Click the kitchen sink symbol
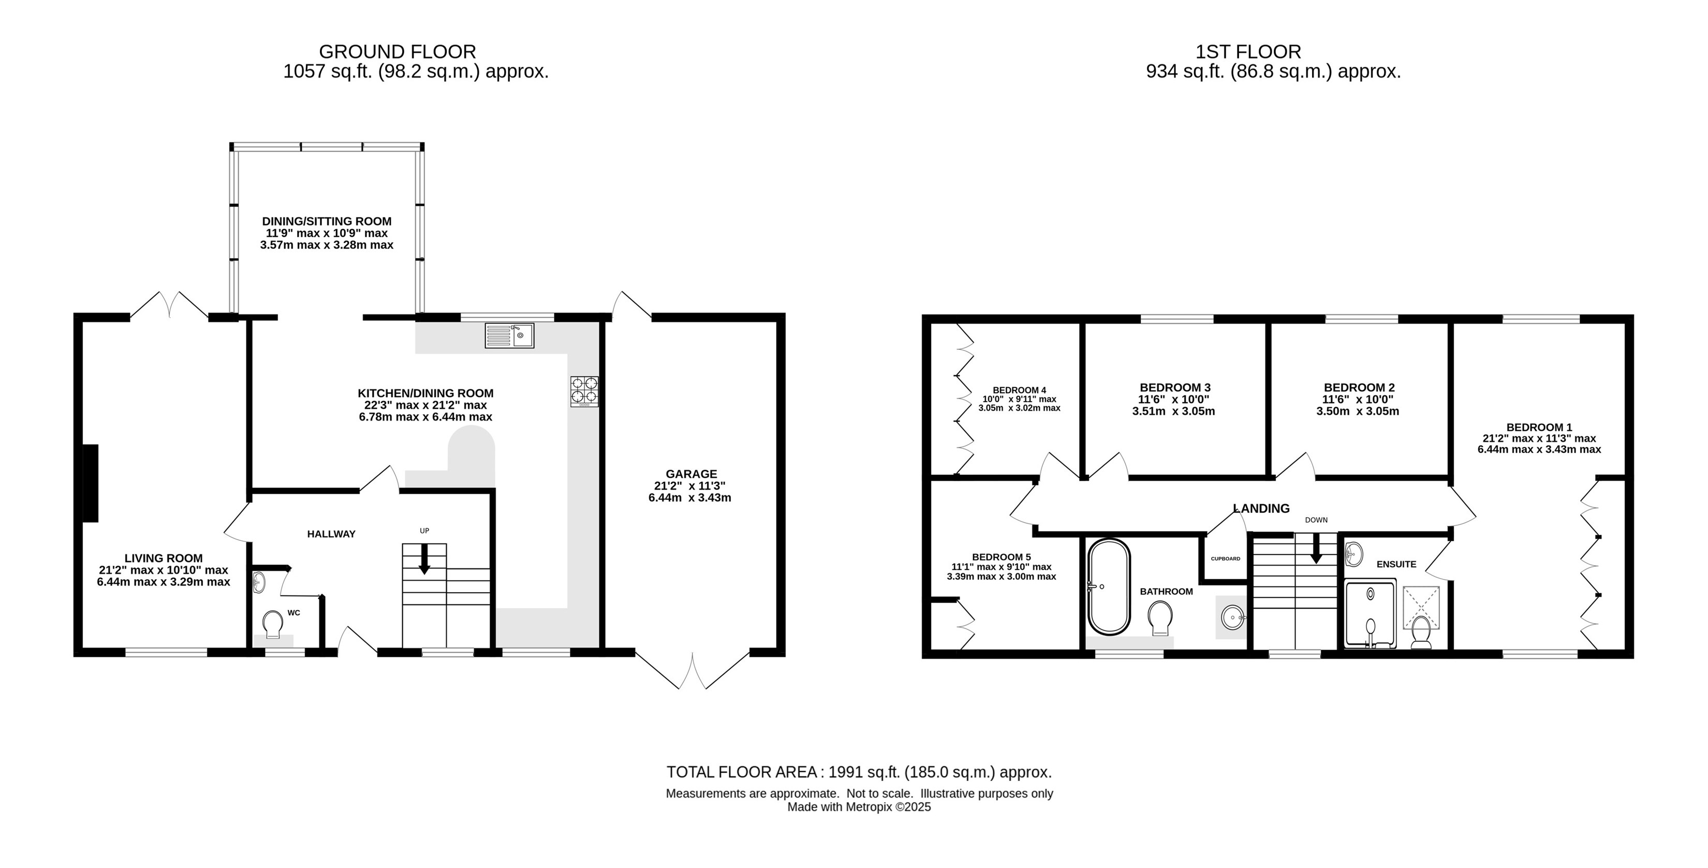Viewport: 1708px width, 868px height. pos(509,335)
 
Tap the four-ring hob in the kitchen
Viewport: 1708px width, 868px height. pos(584,391)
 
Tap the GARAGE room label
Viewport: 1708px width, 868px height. pos(691,474)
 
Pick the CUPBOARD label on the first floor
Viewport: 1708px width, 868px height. pos(1225,559)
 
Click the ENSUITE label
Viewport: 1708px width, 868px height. pos(1396,564)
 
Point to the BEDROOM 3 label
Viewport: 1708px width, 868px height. pos(1175,388)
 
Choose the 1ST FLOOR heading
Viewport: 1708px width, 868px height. pos(1248,52)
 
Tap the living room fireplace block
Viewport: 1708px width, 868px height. pos(90,483)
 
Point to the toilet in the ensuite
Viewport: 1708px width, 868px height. pos(1421,632)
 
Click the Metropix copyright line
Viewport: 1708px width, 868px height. pos(859,807)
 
